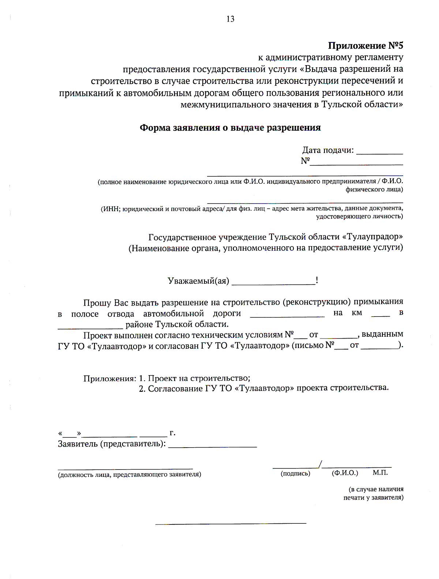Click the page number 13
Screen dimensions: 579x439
pos(230,19)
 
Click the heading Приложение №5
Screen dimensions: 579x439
pos(365,46)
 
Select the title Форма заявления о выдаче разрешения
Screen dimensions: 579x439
pos(230,128)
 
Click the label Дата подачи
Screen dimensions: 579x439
pos(328,150)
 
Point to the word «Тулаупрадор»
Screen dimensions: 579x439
pos(372,237)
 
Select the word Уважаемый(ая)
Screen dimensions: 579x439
pos(198,281)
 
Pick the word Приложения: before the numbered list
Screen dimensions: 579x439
pos(109,378)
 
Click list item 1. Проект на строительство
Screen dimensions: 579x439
pos(195,378)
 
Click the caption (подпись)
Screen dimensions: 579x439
pos(295,473)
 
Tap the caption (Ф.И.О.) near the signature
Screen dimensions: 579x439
pos(345,473)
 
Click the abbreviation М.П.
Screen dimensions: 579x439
pos(380,472)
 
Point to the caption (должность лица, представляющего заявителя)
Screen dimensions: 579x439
pos(130,475)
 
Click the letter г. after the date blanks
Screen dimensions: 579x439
pos(172,433)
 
